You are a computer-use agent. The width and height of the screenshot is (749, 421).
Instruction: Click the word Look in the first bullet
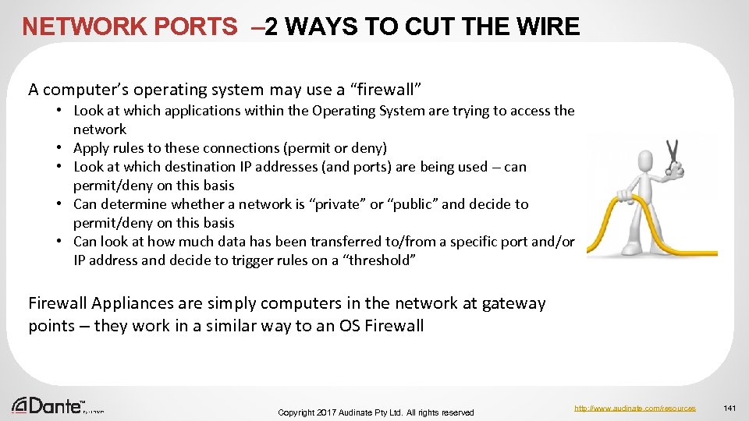click(89, 111)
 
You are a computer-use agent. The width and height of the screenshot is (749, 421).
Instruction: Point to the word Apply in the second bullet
click(91, 148)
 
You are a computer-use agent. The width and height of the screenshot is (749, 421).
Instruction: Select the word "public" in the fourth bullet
click(413, 204)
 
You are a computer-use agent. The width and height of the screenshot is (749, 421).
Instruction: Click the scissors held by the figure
click(672, 155)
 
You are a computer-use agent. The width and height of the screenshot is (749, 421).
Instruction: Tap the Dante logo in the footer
click(48, 405)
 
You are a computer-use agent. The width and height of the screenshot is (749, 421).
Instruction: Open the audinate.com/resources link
click(634, 408)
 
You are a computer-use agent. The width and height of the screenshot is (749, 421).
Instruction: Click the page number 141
click(730, 408)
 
